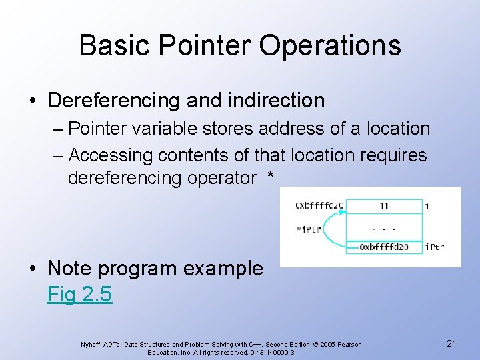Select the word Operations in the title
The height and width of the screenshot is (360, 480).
point(330,46)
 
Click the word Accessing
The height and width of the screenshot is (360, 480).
point(111,155)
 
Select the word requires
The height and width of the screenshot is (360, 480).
point(393,155)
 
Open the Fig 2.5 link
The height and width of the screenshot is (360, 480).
point(79,294)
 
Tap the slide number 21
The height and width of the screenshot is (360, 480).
point(451,343)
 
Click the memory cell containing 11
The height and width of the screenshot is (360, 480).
point(384,206)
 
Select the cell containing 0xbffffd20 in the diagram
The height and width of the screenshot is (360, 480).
point(384,247)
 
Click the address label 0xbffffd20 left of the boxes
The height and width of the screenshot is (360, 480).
point(319,206)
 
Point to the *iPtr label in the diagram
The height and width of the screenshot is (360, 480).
point(309,229)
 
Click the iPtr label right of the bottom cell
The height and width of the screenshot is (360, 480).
point(435,247)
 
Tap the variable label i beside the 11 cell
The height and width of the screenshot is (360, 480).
point(427,206)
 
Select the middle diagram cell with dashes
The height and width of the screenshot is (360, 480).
point(384,227)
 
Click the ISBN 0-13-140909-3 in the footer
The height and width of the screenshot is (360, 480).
point(265,351)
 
